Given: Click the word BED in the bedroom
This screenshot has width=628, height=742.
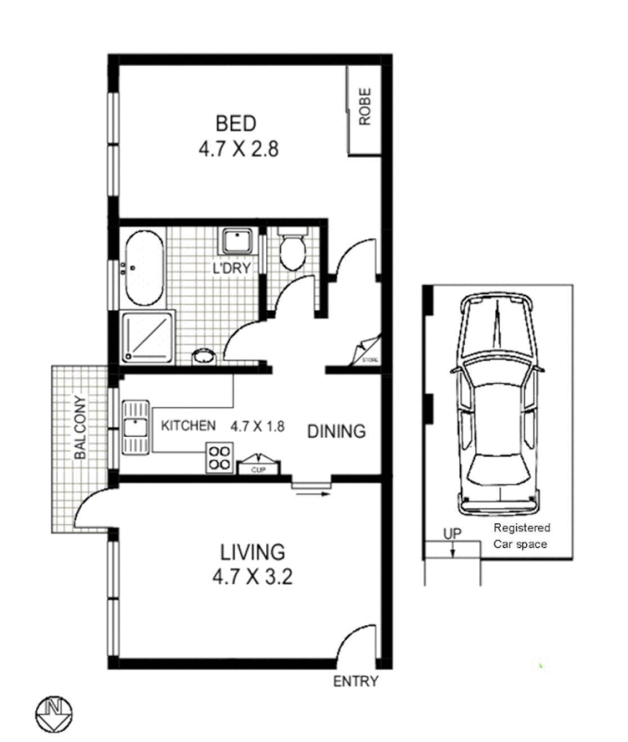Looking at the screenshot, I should pyautogui.click(x=236, y=123).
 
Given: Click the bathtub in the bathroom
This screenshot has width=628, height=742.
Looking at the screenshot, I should pyautogui.click(x=143, y=269).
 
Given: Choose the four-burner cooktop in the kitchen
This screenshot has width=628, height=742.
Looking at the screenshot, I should pyautogui.click(x=221, y=456).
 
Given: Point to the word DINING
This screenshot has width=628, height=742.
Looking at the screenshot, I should pyautogui.click(x=337, y=431).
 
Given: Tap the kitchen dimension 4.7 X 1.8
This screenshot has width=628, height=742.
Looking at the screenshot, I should pyautogui.click(x=257, y=427).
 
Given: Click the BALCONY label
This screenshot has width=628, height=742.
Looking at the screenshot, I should pyautogui.click(x=80, y=429).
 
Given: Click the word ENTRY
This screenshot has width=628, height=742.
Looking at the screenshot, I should pyautogui.click(x=355, y=682).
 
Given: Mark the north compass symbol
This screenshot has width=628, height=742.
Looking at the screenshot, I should pyautogui.click(x=54, y=712).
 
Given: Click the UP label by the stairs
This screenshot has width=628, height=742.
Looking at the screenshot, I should pyautogui.click(x=452, y=534).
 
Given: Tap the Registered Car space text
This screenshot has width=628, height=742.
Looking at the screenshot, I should pyautogui.click(x=520, y=536).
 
